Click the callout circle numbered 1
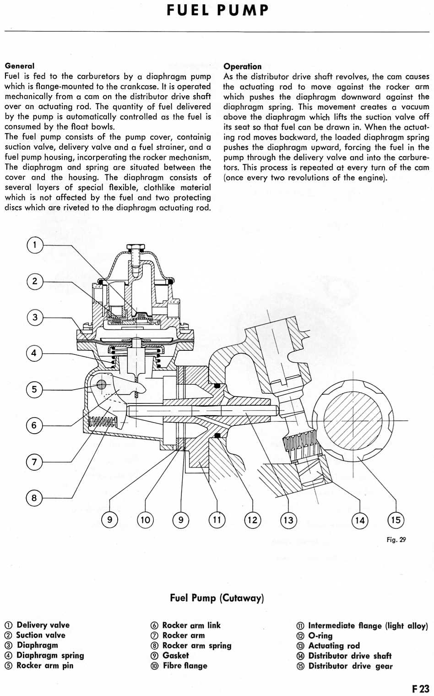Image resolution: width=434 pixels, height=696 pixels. point(34,245)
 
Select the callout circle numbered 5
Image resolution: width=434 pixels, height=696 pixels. point(34,390)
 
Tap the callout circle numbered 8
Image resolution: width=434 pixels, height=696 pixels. point(34,498)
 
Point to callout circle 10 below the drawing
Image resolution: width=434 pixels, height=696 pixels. point(145,520)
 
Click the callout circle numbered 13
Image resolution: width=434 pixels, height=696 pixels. point(288,520)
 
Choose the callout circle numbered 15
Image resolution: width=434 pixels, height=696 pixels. point(396,520)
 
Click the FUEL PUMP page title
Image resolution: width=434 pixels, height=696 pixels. point(217,10)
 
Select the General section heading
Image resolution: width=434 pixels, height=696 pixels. point(20,66)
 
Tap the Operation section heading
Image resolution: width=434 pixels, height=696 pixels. point(242,66)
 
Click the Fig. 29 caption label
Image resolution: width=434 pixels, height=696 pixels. point(396,539)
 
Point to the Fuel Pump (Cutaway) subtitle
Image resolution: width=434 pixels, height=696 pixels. point(217,598)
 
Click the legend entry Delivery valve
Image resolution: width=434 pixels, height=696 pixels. point(43,625)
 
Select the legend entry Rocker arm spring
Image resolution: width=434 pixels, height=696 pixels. point(196,646)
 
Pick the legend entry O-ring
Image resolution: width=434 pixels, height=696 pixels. point(320,636)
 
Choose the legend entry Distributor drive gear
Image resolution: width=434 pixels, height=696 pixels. point(350,666)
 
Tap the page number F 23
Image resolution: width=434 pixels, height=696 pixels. point(420,689)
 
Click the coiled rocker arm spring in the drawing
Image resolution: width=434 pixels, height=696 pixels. point(102,421)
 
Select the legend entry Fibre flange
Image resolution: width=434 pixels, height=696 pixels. point(184,666)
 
